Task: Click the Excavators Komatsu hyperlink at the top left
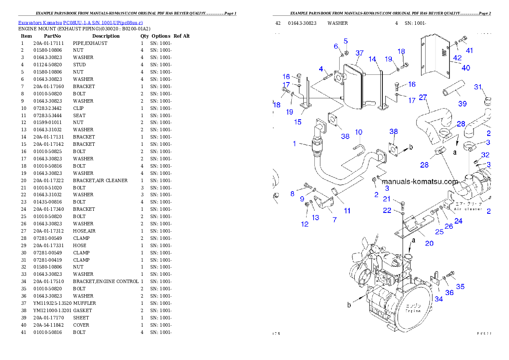click(80, 22)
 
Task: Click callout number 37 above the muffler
click(359, 53)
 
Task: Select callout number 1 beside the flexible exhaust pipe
click(294, 144)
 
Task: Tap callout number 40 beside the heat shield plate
click(465, 68)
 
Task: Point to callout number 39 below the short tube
click(462, 103)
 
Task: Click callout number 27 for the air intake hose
click(423, 97)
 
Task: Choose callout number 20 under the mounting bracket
click(429, 243)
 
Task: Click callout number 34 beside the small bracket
click(438, 299)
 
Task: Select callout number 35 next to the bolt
click(460, 286)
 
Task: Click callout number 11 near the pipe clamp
click(347, 210)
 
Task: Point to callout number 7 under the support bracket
click(334, 219)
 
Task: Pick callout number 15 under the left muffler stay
click(298, 122)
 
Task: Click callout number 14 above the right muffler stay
click(372, 59)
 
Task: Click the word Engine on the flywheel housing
click(413, 311)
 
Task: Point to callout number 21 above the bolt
click(387, 198)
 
